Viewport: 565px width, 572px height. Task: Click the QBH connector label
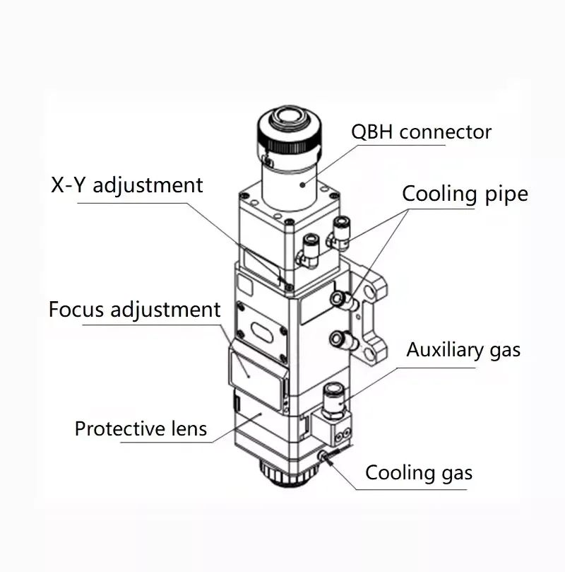click(421, 132)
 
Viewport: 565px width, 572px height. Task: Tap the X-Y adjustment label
click(126, 185)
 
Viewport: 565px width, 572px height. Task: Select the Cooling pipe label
click(465, 194)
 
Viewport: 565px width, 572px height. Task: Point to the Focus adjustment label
click(134, 310)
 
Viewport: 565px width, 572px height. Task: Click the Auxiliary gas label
click(463, 349)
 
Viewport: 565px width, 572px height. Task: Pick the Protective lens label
click(141, 428)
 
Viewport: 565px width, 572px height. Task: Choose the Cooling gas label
click(418, 473)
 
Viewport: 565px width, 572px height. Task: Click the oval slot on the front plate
click(261, 332)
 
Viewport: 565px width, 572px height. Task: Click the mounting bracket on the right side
click(372, 311)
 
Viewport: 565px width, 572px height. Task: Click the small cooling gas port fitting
click(326, 455)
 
